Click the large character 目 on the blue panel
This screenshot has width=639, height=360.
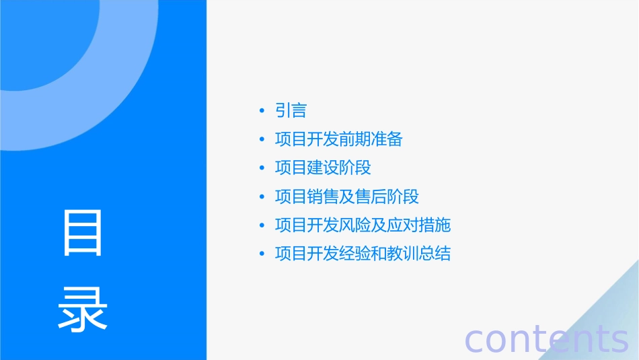(x=83, y=233)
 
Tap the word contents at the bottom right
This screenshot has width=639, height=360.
(x=546, y=338)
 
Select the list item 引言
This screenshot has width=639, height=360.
(x=291, y=110)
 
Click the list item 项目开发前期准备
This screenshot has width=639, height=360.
(x=339, y=139)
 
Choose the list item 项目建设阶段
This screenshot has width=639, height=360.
(x=323, y=168)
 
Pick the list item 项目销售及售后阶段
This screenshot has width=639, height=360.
(x=347, y=196)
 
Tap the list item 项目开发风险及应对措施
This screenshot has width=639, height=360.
(x=363, y=225)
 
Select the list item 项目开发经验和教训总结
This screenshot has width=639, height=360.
(x=363, y=254)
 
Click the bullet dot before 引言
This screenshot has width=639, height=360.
(x=262, y=111)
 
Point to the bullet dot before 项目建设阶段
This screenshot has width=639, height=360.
(x=262, y=168)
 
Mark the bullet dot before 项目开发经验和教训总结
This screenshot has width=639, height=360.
(x=262, y=254)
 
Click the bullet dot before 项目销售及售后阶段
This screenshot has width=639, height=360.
(x=262, y=197)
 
